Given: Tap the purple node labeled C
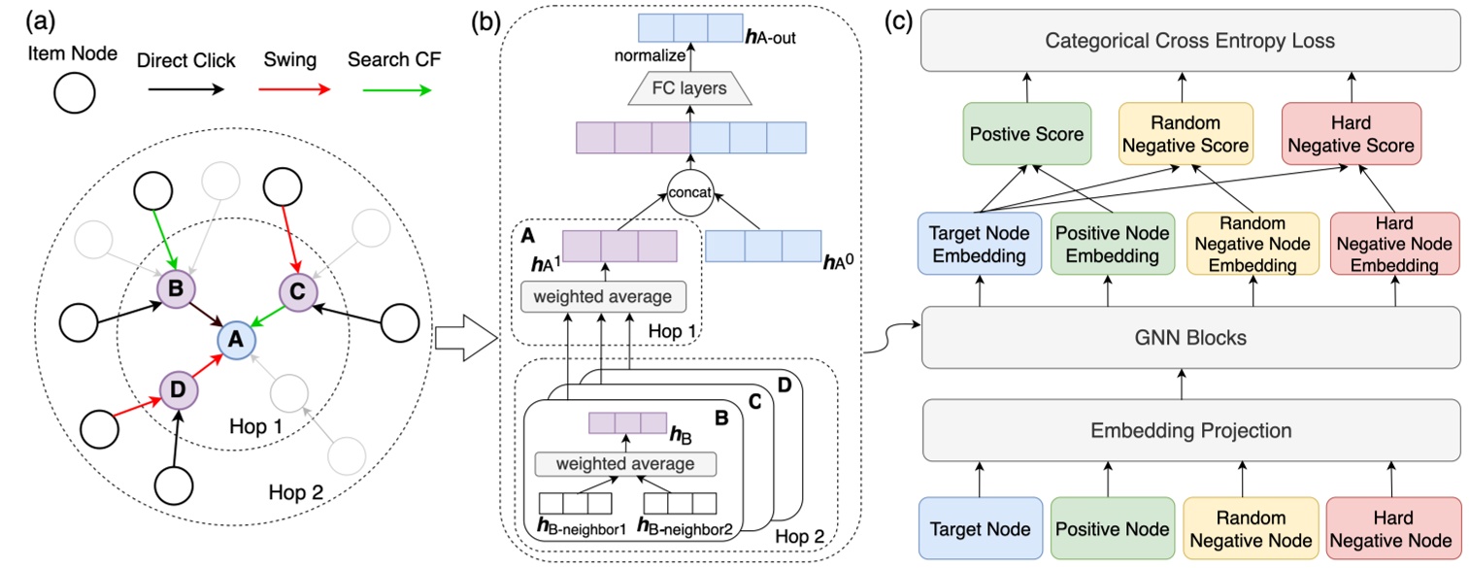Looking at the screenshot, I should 297,288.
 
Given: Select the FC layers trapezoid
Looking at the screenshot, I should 690,90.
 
